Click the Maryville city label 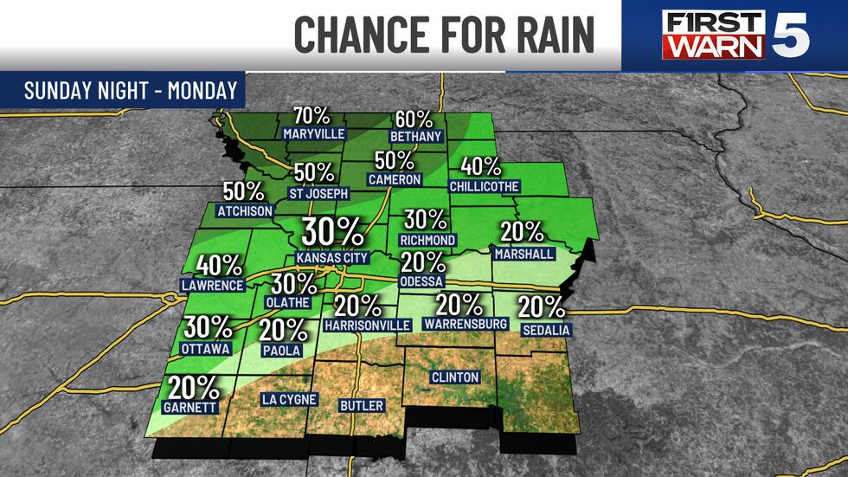(x=314, y=134)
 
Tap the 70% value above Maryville (x=312, y=116)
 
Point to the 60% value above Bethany (x=416, y=120)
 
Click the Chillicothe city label (x=484, y=186)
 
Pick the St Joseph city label (x=318, y=194)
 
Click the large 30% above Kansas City (x=332, y=233)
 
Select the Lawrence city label (x=211, y=285)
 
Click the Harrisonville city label (x=367, y=325)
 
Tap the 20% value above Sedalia (x=542, y=307)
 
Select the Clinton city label (x=454, y=377)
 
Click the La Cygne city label (x=289, y=400)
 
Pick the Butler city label (x=361, y=405)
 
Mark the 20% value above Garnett (x=190, y=386)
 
